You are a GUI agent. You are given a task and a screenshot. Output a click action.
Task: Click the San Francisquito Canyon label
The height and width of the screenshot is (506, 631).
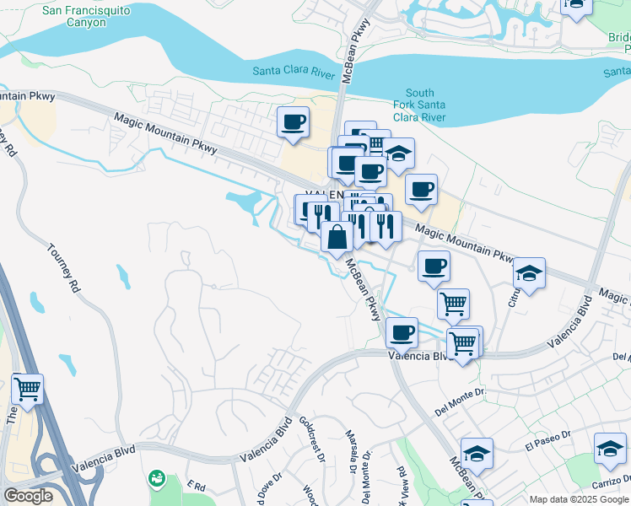click(x=75, y=16)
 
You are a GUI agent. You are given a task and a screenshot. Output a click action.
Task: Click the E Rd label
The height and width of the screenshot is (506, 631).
click(x=197, y=486)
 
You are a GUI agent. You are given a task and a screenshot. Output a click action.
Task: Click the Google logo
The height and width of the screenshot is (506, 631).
click(x=28, y=496)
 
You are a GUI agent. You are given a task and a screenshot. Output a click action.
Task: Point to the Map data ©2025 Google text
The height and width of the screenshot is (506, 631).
click(x=578, y=499)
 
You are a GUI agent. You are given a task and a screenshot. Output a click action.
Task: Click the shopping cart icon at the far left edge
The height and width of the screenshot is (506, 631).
click(x=27, y=389)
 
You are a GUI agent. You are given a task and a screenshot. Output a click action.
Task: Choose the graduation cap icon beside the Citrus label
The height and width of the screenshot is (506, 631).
click(x=529, y=273)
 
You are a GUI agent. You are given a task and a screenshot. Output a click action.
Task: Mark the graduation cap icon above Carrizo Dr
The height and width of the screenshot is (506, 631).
click(x=610, y=448)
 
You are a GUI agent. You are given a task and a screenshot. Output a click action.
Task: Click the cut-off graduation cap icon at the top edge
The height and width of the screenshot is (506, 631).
click(x=576, y=6)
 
